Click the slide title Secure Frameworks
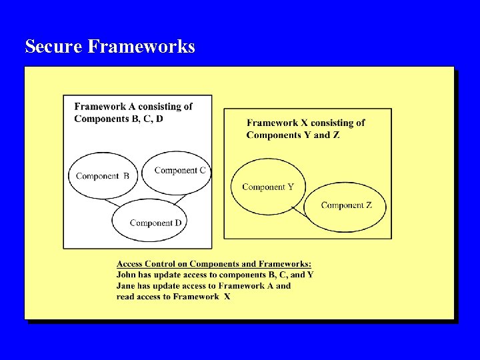(x=110, y=47)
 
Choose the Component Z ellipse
(x=345, y=205)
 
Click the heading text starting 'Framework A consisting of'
(x=133, y=107)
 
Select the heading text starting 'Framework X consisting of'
(x=306, y=123)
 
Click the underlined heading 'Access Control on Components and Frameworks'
(x=213, y=265)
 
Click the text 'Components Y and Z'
(x=293, y=135)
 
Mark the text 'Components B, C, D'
(x=118, y=119)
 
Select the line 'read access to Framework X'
(x=173, y=297)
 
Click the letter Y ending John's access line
(x=310, y=275)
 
